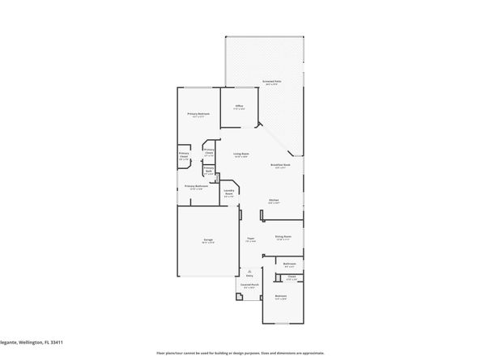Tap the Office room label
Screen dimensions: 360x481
point(240,107)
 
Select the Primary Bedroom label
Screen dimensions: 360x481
point(198,114)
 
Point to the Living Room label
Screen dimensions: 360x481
point(240,155)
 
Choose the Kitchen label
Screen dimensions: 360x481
point(275,201)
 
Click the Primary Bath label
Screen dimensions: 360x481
point(208,171)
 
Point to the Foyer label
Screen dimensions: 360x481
point(251,239)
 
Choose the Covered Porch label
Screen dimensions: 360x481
point(249,286)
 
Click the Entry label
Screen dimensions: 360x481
point(249,276)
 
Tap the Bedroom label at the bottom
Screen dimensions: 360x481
point(280,297)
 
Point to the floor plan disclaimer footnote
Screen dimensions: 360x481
point(240,354)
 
